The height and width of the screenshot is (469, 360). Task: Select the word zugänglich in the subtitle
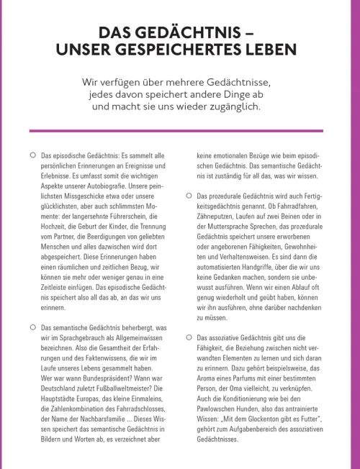tap(234, 106)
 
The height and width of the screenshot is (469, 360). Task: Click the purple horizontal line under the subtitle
tap(180, 131)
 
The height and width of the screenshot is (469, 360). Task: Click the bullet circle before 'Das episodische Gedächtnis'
tap(32, 155)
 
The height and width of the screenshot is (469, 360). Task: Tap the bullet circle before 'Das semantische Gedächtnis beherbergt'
tap(32, 327)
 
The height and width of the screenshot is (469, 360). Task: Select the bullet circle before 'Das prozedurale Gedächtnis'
tap(189, 196)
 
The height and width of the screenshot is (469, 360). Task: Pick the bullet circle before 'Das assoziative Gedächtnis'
tap(189, 337)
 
